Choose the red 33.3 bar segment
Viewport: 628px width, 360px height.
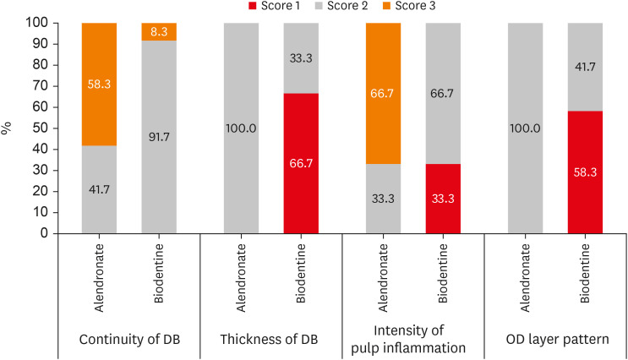coord(442,199)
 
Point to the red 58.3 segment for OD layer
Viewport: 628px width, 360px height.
coord(585,172)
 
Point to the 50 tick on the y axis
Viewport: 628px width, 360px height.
coord(52,128)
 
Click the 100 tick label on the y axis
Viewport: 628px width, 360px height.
coord(48,23)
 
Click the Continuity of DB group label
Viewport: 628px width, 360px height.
coord(130,341)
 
